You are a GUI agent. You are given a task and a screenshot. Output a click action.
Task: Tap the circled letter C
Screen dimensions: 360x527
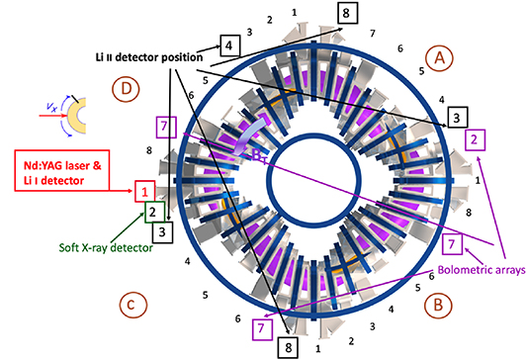coord(129,304)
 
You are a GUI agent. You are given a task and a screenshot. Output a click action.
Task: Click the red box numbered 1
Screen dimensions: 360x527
coord(144,190)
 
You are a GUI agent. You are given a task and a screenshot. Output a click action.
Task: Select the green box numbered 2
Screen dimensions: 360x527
coord(152,211)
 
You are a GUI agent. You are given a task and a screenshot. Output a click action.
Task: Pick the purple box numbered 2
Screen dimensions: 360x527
coord(476,139)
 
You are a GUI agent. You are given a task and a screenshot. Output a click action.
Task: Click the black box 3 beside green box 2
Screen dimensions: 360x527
coord(163,230)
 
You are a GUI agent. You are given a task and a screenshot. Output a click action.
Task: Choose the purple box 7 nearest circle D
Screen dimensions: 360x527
coord(166,126)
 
